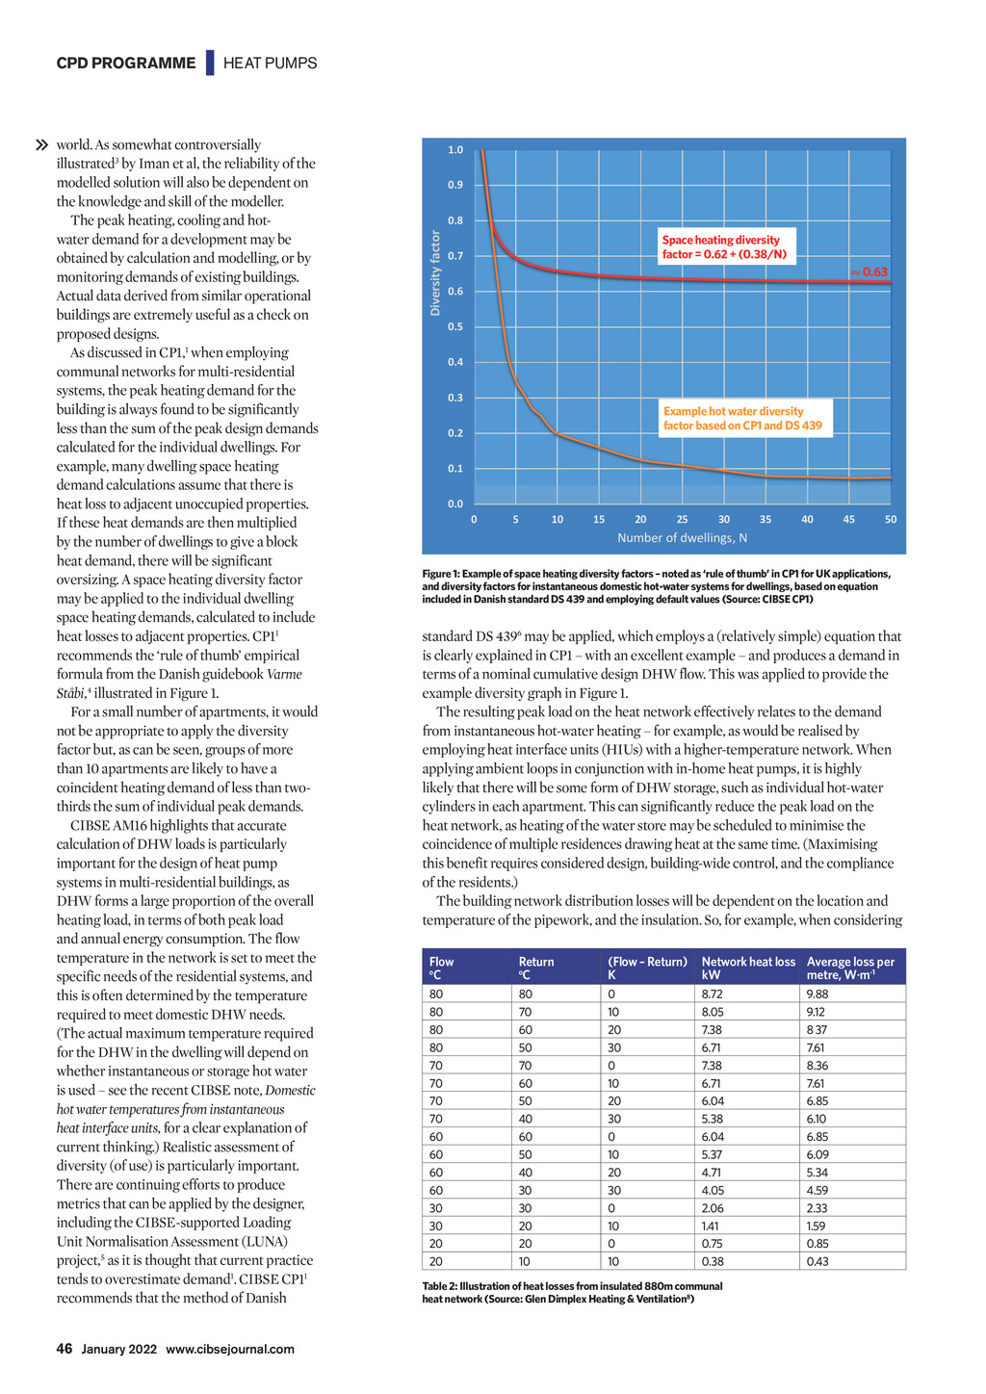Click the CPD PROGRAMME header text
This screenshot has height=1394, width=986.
126,64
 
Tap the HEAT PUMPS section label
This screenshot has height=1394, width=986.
270,64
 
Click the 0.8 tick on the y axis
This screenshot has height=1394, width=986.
455,220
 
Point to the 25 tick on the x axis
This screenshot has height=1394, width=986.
683,520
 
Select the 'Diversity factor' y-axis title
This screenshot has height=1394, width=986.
435,273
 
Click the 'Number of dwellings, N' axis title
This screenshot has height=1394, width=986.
682,538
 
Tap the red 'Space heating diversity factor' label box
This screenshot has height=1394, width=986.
724,247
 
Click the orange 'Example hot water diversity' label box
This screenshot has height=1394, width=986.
743,419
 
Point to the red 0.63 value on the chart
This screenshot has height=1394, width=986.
870,272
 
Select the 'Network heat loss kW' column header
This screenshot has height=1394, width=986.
748,968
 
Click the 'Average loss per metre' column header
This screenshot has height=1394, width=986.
850,968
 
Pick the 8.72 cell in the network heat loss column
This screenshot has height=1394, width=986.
713,994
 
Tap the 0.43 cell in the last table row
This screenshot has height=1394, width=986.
817,1262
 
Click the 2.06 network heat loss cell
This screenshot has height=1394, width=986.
713,1208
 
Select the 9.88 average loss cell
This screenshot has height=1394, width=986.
817,994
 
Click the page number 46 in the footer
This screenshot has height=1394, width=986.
65,1349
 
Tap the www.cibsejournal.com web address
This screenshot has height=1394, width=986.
230,1350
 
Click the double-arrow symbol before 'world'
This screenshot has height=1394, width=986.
41,145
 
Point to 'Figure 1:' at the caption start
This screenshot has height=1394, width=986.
443,575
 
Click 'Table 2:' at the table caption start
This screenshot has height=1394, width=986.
440,1286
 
